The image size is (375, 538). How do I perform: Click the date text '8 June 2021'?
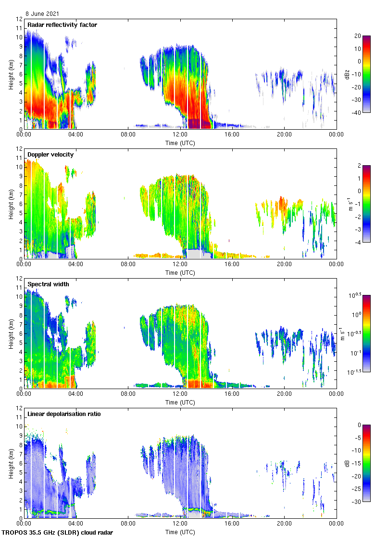pos(43,14)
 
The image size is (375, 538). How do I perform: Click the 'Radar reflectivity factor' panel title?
pos(62,24)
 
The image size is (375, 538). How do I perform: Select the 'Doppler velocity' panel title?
pos(50,154)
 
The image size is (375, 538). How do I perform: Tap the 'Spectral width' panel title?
pos(48,284)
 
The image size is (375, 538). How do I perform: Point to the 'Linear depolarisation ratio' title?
pos(64,414)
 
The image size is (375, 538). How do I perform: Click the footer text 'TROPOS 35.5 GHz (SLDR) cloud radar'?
pos(58,533)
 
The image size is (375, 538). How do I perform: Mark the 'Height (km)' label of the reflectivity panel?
pos(11,74)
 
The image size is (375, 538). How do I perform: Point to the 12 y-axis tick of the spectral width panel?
pos(19,279)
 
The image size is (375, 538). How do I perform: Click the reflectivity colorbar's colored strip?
pos(366,74)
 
